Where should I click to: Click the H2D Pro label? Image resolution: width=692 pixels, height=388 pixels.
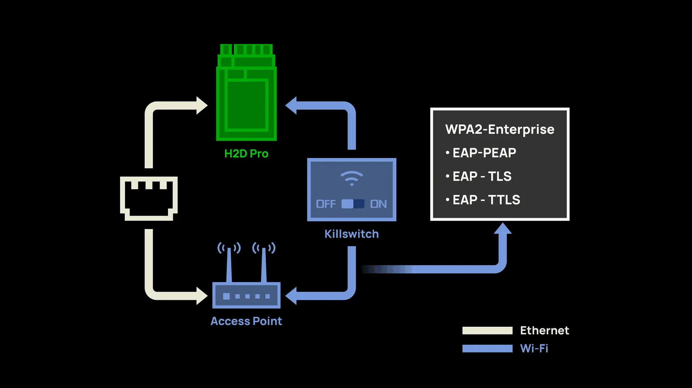click(246, 154)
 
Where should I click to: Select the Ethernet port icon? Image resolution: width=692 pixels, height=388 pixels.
click(148, 198)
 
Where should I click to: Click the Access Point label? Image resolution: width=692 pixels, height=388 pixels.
click(246, 321)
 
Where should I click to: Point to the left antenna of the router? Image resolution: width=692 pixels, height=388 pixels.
click(229, 263)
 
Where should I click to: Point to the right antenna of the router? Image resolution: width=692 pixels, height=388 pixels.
click(264, 263)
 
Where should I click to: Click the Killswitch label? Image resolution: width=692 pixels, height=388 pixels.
click(351, 234)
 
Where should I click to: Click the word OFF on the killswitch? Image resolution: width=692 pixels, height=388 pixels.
click(326, 204)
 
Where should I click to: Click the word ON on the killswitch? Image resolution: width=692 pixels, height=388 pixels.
click(378, 204)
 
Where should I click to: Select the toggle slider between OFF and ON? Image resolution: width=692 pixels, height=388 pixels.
click(352, 204)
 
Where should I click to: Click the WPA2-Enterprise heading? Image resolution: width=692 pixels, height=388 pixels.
click(500, 129)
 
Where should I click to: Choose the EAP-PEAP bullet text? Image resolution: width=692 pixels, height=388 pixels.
click(484, 153)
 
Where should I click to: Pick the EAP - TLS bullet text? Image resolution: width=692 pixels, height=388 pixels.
click(482, 176)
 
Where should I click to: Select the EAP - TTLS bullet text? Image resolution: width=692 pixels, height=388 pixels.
click(486, 200)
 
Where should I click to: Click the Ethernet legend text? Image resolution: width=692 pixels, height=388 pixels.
click(544, 330)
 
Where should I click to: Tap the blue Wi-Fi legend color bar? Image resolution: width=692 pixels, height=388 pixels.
click(487, 348)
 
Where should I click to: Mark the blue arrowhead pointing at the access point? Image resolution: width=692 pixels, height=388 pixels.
click(291, 296)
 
